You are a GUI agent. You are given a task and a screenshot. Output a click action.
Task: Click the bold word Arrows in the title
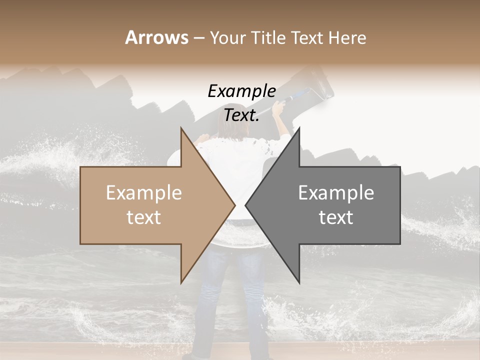pos(156,37)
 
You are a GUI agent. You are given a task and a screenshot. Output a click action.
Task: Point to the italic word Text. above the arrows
pos(241,115)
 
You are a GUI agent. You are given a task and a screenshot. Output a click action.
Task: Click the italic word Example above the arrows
pos(241,91)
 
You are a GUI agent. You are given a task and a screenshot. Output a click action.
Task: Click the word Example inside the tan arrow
pos(143,193)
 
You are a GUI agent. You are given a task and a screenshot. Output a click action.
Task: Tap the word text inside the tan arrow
pos(143,217)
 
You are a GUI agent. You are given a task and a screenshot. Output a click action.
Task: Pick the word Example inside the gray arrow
pos(336,193)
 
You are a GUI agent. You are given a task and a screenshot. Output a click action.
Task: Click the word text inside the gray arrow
pos(336,217)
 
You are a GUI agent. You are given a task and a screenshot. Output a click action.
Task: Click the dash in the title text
pos(198,38)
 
